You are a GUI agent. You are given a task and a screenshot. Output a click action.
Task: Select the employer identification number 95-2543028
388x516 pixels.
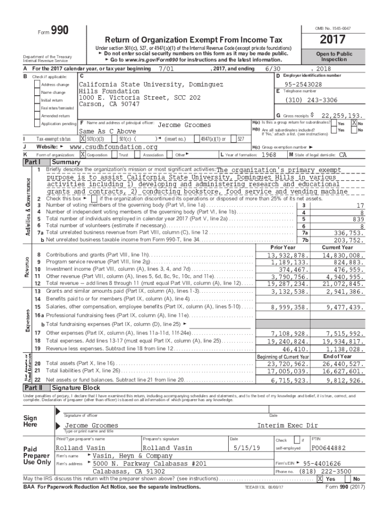(303, 84)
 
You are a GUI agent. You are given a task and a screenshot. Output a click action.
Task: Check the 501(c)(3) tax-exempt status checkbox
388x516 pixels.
(83, 139)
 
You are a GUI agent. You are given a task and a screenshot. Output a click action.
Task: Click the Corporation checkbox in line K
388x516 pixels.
(83, 155)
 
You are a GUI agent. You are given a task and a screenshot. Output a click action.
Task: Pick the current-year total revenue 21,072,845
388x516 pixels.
(342, 284)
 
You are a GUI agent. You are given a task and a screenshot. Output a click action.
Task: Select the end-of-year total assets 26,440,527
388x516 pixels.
(342, 363)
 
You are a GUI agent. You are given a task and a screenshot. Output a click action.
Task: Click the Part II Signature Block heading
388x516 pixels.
(76, 388)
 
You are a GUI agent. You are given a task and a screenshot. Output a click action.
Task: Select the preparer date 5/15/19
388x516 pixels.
(250, 447)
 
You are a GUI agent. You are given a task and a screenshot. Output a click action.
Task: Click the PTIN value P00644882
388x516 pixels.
(329, 447)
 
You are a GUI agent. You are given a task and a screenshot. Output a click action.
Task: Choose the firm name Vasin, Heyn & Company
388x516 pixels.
(130, 455)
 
